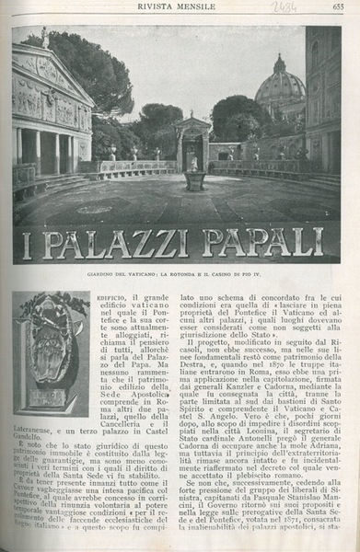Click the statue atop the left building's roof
point(44,37)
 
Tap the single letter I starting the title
point(26,245)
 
